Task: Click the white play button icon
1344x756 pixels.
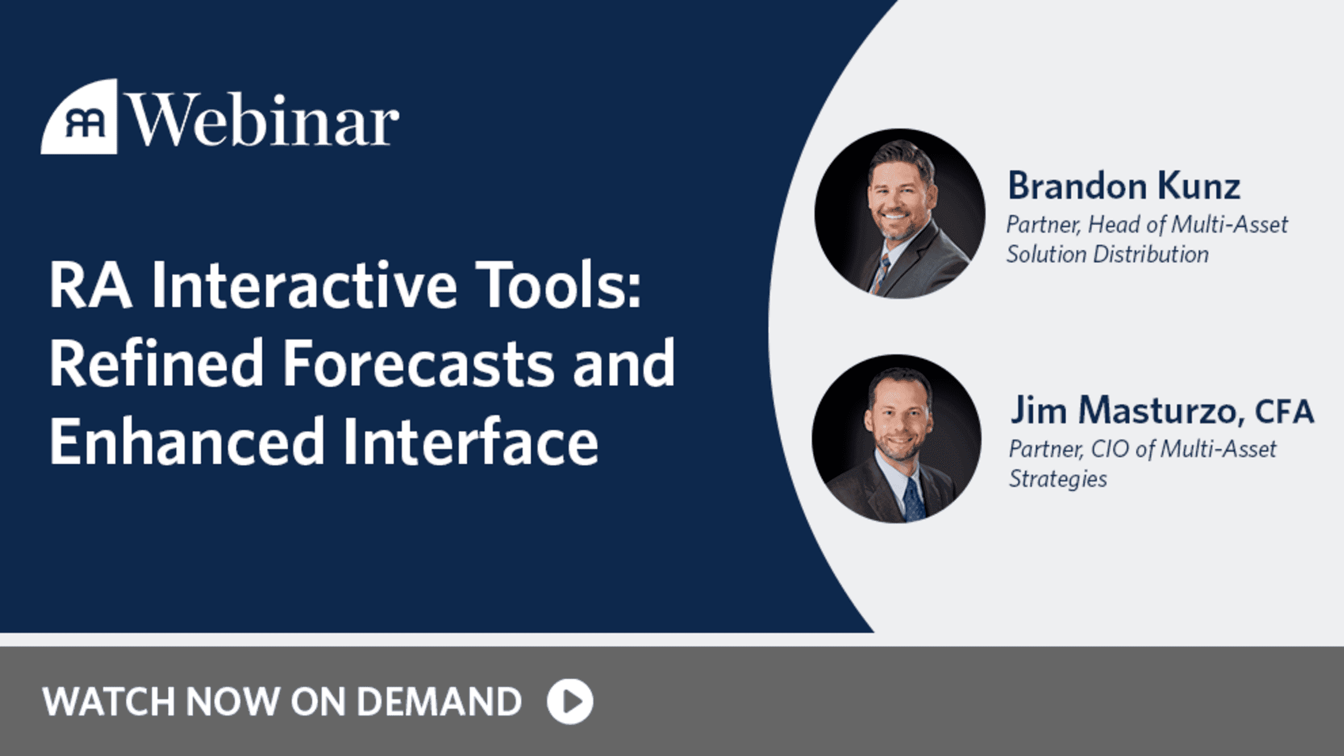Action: tap(570, 701)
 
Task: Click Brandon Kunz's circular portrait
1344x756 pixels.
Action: tap(900, 213)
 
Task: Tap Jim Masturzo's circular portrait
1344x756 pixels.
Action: tap(897, 438)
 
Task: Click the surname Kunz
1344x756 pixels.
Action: tap(1199, 186)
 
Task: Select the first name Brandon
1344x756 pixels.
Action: tap(1077, 186)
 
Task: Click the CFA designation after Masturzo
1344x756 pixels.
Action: tap(1284, 412)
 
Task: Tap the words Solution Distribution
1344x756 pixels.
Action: tap(1107, 254)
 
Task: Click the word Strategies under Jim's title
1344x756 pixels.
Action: tap(1057, 479)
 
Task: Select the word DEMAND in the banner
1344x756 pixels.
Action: tap(439, 701)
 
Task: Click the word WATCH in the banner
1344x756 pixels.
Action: tap(109, 701)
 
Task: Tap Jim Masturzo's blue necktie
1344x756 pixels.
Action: tap(913, 500)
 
